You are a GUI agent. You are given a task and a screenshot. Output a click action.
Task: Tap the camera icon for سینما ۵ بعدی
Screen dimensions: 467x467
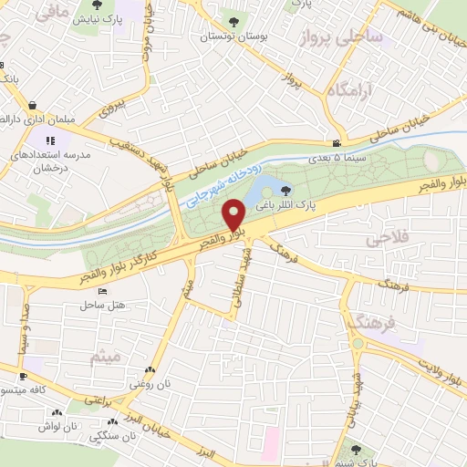click(x=337, y=144)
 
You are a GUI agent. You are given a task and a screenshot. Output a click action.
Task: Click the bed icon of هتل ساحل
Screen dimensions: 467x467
click(x=102, y=290)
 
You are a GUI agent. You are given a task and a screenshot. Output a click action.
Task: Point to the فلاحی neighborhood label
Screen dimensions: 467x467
click(x=385, y=240)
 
